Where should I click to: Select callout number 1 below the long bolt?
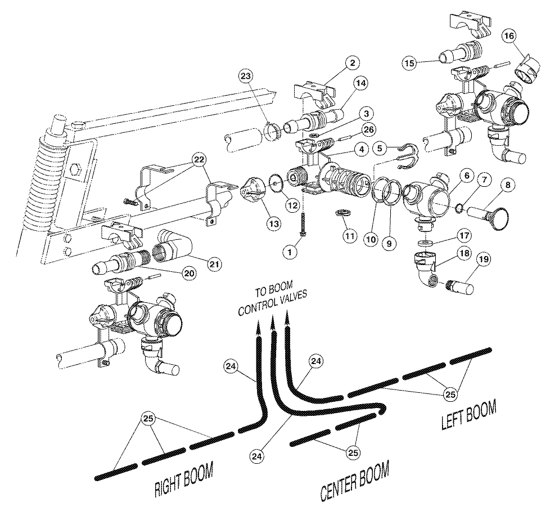click(290, 253)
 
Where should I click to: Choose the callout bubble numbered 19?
click(483, 259)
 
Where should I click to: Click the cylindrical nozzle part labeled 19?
click(458, 285)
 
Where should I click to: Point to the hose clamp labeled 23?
click(273, 131)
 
